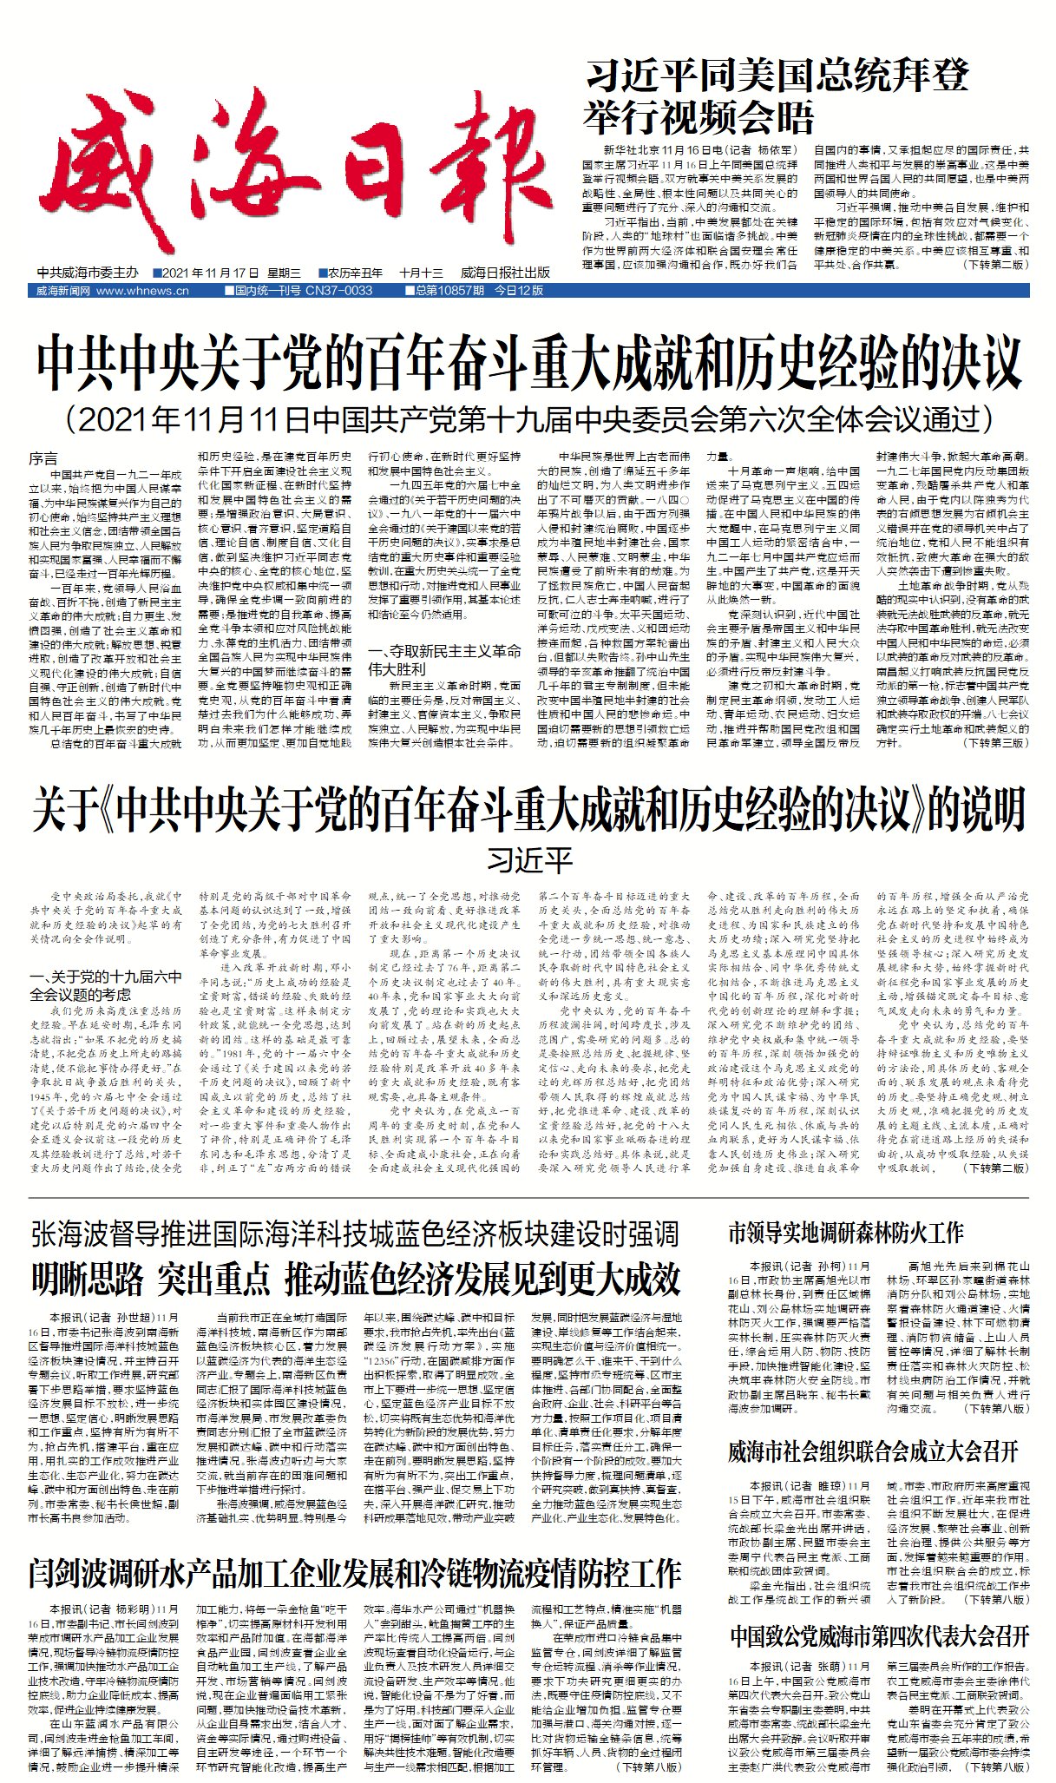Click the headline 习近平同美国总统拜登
(777, 76)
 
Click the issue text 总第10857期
(449, 291)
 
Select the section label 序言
(43, 458)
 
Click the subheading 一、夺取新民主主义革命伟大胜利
(443, 660)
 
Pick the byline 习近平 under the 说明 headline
(529, 860)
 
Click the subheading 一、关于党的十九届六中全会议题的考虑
(105, 985)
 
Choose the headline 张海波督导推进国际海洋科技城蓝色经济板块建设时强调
(355, 1234)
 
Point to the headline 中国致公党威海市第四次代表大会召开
(878, 1636)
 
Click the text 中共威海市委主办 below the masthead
(88, 273)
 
